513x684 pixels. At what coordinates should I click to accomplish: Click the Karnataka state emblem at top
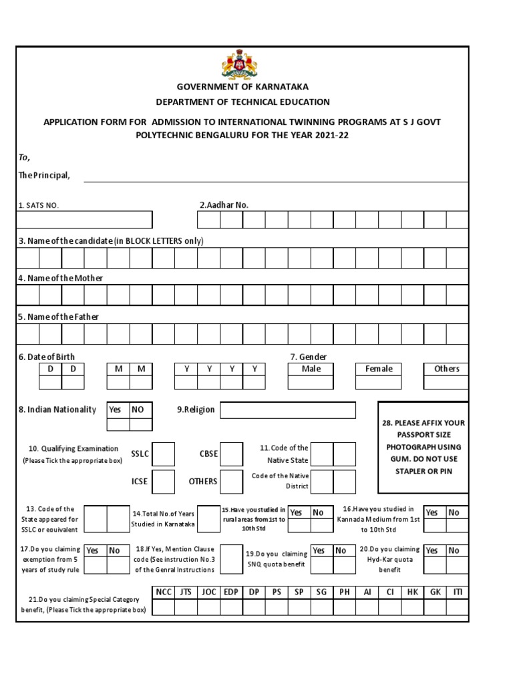point(239,65)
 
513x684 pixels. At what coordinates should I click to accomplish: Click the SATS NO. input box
point(85,220)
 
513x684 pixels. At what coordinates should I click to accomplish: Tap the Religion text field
point(288,409)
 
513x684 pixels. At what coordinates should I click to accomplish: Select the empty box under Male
point(311,383)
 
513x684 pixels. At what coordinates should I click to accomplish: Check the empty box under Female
point(378,383)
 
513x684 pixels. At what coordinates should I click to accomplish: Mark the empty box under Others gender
point(446,383)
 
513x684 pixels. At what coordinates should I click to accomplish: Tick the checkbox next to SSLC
point(164,454)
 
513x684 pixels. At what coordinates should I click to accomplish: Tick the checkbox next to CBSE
point(232,454)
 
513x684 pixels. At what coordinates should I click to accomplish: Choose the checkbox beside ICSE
point(164,481)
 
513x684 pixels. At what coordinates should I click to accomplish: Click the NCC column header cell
point(164,592)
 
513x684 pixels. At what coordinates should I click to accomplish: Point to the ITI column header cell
point(458,592)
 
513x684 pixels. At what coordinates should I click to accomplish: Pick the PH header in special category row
point(344,592)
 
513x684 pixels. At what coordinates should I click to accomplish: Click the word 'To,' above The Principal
point(23,158)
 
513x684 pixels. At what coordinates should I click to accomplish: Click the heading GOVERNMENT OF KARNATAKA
point(242,87)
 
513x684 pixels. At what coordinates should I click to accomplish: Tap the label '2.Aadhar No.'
point(224,205)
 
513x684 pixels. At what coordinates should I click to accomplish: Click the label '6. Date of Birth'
point(45,357)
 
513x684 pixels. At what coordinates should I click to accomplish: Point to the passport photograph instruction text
point(423,447)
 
